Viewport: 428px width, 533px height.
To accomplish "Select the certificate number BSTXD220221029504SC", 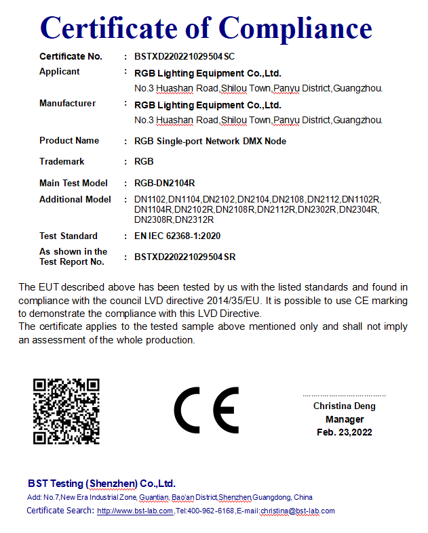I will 184,56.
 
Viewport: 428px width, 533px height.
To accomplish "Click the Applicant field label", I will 60,72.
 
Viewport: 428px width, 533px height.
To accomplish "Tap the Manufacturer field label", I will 67,104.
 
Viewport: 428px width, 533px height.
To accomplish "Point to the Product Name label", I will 69,141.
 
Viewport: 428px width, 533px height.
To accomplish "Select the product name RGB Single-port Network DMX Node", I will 210,142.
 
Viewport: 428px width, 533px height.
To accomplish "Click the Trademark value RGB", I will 144,162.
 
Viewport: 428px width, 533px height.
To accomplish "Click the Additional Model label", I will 75,200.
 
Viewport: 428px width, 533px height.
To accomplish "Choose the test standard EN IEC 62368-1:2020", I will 177,236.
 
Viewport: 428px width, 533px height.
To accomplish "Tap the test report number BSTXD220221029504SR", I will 184,257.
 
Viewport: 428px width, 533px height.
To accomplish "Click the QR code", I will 66,411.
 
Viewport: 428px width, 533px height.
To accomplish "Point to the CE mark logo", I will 206,410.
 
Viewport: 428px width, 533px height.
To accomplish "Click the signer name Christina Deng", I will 344,406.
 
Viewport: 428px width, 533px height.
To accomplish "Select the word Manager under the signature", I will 344,419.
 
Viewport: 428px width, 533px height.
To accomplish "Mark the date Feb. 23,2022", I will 344,432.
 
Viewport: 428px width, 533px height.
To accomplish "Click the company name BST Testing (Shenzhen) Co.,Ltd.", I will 102,484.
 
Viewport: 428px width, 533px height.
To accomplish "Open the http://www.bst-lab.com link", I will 135,511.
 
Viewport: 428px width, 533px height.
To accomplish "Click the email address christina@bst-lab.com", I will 298,511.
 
